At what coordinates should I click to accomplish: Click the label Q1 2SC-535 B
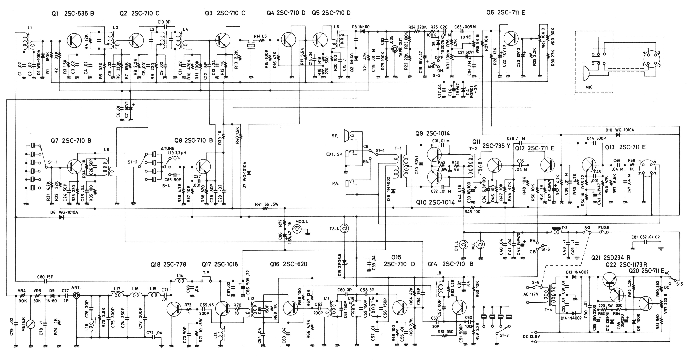coord(73,13)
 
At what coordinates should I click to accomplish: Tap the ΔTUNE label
coord(168,148)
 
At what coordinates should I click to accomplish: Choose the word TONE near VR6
coord(466,37)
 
